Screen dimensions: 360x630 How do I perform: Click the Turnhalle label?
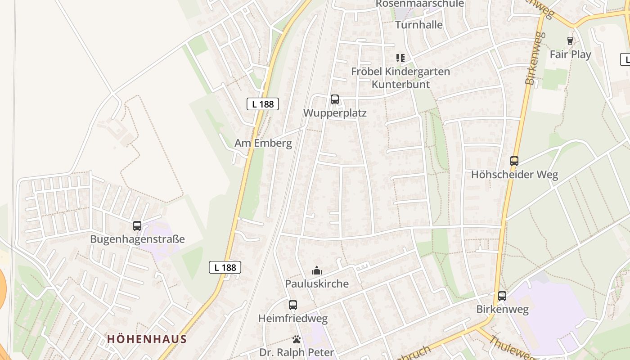pyautogui.click(x=418, y=25)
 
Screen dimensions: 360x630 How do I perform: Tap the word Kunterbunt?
pyautogui.click(x=400, y=84)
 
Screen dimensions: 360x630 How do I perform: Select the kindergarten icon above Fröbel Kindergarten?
pyautogui.click(x=400, y=58)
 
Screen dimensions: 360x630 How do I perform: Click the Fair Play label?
pyautogui.click(x=570, y=54)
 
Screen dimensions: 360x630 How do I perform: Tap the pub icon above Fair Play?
pyautogui.click(x=570, y=41)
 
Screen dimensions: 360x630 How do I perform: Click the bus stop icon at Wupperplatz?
pyautogui.click(x=334, y=99)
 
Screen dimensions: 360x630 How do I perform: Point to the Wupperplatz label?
pyautogui.click(x=335, y=113)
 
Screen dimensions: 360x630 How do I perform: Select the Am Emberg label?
pyautogui.click(x=263, y=143)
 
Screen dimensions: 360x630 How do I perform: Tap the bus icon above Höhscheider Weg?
pyautogui.click(x=514, y=161)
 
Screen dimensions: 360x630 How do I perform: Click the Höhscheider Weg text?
pyautogui.click(x=514, y=175)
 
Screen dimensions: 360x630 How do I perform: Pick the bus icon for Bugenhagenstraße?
pyautogui.click(x=137, y=226)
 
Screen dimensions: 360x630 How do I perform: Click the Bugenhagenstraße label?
pyautogui.click(x=137, y=239)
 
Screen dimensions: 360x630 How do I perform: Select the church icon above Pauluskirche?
pyautogui.click(x=317, y=270)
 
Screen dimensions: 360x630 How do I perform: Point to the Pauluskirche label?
pyautogui.click(x=317, y=283)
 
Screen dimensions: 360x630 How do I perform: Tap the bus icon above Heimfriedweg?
pyautogui.click(x=292, y=305)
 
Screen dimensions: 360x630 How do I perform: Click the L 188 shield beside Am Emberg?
pyautogui.click(x=263, y=104)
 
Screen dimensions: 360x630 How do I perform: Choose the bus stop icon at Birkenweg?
pyautogui.click(x=502, y=296)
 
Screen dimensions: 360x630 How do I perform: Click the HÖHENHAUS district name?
pyautogui.click(x=147, y=339)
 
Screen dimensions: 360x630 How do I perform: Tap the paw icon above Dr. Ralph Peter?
pyautogui.click(x=296, y=339)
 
